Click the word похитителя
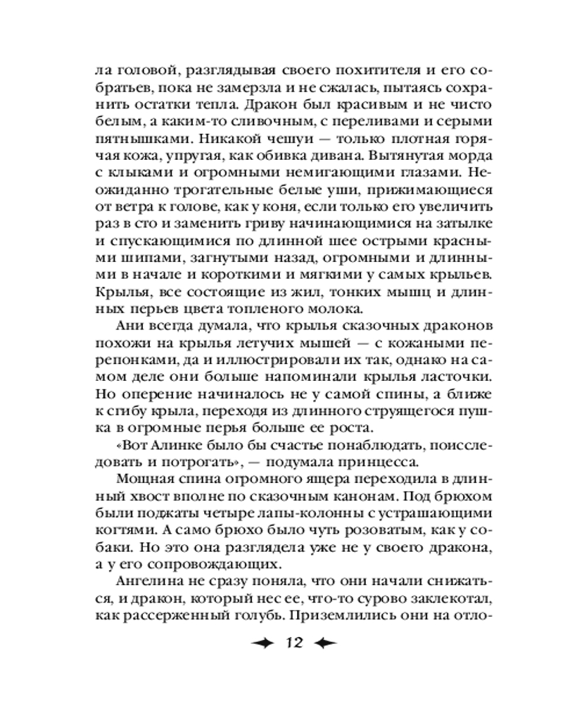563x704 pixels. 337,71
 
